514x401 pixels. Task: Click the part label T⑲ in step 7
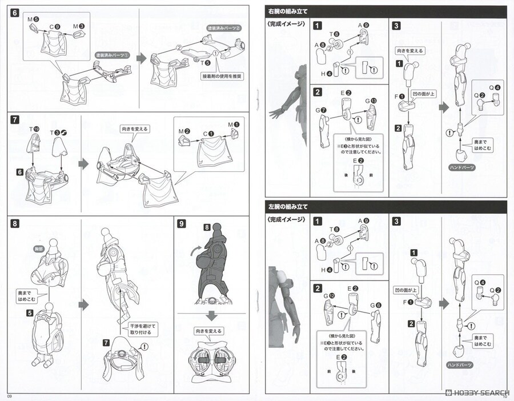pyautogui.click(x=35, y=130)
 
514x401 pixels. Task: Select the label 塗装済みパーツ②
pyautogui.click(x=224, y=28)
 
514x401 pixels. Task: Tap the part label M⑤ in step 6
pyautogui.click(x=33, y=19)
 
